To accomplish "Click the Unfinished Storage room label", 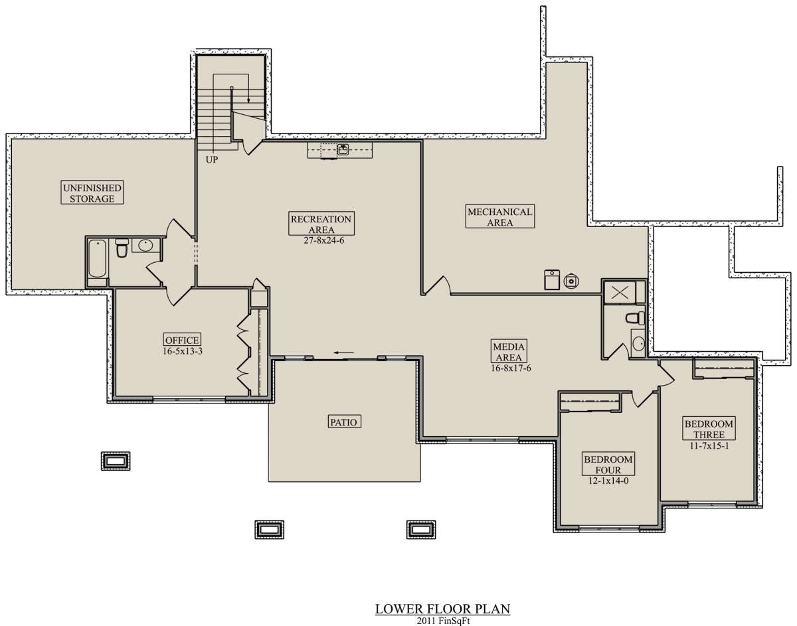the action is tap(92, 193).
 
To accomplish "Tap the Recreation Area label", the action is tap(321, 224).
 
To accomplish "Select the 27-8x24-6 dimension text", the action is tap(324, 241).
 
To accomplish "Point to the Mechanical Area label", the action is tap(500, 216).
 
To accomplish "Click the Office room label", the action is tap(182, 340).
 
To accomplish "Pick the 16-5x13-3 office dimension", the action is tap(183, 351).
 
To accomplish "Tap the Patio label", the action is tap(343, 422).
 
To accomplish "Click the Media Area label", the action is tap(509, 351).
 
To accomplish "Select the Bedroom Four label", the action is tap(608, 464).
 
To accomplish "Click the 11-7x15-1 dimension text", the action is tap(709, 446).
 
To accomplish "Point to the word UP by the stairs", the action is tap(212, 160).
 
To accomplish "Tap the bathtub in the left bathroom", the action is tap(97, 258).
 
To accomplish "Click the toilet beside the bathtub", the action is tap(122, 248).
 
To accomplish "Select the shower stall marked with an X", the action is tap(620, 292).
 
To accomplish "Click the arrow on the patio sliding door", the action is tap(343, 353).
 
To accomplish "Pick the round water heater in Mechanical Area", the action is tap(571, 281).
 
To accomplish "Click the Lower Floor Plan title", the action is tap(442, 609).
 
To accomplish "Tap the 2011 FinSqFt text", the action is tap(443, 621).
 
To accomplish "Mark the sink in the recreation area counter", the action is tap(343, 149).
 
